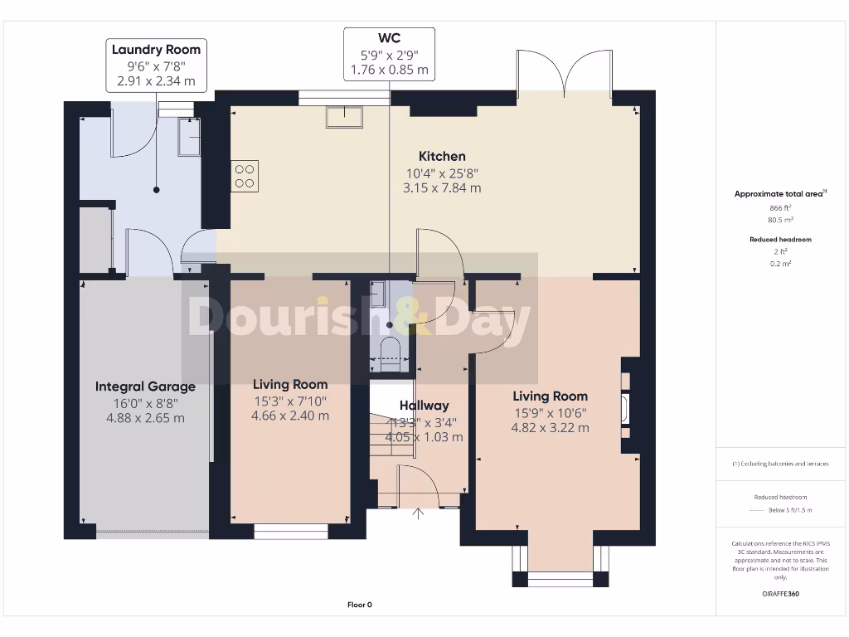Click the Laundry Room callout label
(x=157, y=50)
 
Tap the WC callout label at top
(x=390, y=38)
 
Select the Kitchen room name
(x=442, y=156)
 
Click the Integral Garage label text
(x=145, y=387)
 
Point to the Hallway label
(x=424, y=406)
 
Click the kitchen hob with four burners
(x=245, y=176)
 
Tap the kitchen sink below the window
(x=343, y=118)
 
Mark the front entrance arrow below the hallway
(x=419, y=515)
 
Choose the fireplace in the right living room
(x=626, y=406)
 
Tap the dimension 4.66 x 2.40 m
(x=290, y=416)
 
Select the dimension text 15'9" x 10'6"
(x=550, y=412)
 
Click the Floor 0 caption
(x=359, y=605)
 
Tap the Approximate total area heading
(x=779, y=194)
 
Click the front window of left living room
(x=290, y=528)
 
